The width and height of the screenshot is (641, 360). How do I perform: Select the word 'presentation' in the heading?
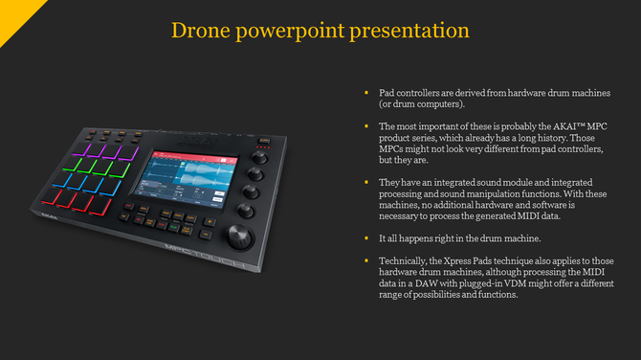tap(411, 31)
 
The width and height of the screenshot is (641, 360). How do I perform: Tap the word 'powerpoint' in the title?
tap(292, 31)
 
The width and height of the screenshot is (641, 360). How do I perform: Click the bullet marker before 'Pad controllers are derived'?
tap(366, 92)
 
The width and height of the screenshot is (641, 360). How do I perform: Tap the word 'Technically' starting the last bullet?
tap(403, 261)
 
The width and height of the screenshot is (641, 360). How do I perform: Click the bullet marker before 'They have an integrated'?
tap(366, 181)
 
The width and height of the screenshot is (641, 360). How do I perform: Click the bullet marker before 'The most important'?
tap(366, 125)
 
